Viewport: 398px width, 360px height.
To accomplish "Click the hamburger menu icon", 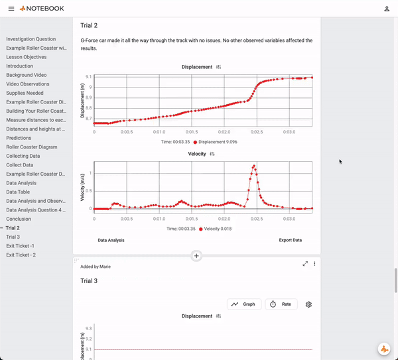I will [x=11, y=9].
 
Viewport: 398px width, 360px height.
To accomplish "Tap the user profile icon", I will [x=387, y=9].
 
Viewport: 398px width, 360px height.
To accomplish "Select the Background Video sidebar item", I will [x=27, y=75].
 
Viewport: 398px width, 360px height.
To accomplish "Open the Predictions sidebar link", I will [x=19, y=138].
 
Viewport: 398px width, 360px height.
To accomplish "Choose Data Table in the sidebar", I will [x=18, y=192].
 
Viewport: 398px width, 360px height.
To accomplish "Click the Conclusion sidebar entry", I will [x=19, y=219].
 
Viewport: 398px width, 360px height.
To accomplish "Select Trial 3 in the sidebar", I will [x=13, y=237].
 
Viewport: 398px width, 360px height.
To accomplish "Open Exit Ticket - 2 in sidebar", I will [x=21, y=255].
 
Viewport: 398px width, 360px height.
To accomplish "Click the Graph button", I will [x=244, y=304].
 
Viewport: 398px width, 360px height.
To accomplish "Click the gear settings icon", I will [x=308, y=304].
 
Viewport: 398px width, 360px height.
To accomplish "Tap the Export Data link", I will [x=290, y=240].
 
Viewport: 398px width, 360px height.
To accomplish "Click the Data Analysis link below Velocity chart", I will [x=111, y=240].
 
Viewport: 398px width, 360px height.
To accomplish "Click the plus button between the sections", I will [x=196, y=255].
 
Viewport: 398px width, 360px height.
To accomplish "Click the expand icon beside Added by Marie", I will [x=305, y=263].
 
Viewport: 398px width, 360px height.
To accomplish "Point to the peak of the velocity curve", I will [x=254, y=166].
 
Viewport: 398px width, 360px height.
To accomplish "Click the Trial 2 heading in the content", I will [x=89, y=25].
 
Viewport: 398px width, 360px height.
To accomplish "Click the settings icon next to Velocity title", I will [x=212, y=154].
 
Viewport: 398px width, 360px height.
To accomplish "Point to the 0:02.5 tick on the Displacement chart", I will [x=257, y=131].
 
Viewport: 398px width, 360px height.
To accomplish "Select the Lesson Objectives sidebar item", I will [x=27, y=57].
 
